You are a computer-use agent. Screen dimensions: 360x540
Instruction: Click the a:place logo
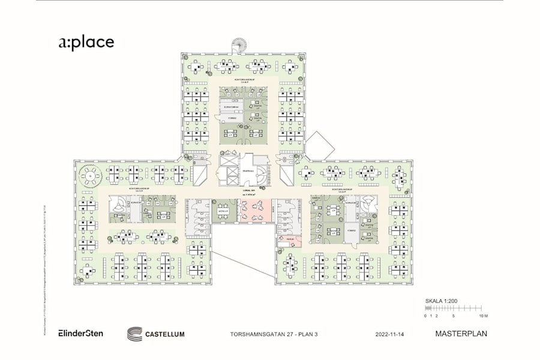coord(86,42)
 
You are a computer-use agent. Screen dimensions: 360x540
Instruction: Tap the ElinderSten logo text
coord(80,333)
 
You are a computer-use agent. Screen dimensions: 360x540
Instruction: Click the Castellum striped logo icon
coord(135,334)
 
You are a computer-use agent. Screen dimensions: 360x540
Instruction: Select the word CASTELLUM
coord(165,334)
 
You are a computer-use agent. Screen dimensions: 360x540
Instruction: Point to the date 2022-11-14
coord(391,334)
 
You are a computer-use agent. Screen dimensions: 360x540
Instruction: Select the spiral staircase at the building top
coord(238,44)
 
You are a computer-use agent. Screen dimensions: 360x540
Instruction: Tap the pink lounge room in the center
coord(256,211)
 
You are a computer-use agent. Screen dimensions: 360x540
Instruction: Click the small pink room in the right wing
coord(289,241)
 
